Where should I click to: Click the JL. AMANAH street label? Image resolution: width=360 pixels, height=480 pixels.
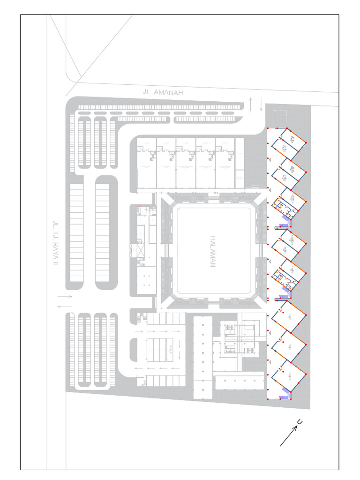point(163,92)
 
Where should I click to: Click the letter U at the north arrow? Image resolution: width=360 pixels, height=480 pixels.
point(299,423)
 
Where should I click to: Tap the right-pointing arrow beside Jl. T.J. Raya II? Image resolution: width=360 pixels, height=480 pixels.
point(65,297)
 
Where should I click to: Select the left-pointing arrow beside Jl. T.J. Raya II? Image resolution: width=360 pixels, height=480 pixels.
point(65,307)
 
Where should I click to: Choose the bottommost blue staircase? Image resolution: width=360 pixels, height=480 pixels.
point(284,397)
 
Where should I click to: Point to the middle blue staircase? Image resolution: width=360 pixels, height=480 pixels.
point(283,295)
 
